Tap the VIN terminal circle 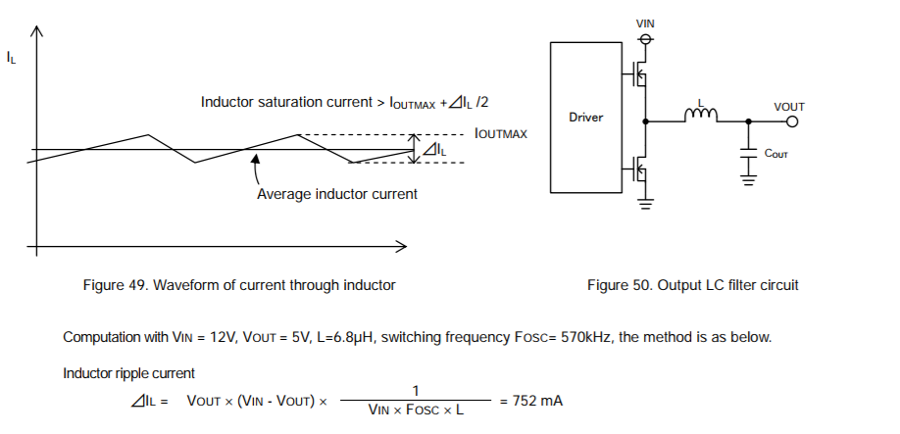(x=646, y=39)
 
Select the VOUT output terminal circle (x=792, y=121)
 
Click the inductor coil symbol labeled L (x=701, y=115)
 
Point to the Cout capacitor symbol (x=748, y=154)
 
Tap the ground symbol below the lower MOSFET (x=646, y=204)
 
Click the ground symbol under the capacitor (x=748, y=180)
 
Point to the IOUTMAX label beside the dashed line (x=501, y=134)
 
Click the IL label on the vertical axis (x=11, y=58)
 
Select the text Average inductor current (x=337, y=194)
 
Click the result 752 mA (x=537, y=401)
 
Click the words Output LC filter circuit (x=727, y=285)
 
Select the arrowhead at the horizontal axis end (x=402, y=247)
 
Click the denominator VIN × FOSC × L (x=416, y=410)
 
